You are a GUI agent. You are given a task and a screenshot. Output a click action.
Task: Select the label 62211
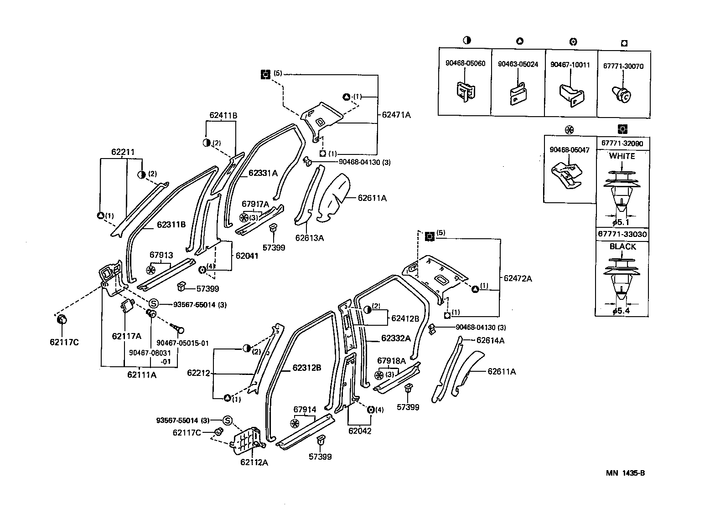coord(123,152)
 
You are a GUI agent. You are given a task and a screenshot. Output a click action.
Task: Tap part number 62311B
coord(171,225)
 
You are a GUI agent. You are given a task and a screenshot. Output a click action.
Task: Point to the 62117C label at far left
coord(64,342)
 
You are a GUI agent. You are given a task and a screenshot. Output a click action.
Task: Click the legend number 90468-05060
coord(465,64)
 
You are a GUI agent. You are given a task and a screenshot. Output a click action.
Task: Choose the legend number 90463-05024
coord(518,64)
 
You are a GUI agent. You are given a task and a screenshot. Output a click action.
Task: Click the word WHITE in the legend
coord(622,156)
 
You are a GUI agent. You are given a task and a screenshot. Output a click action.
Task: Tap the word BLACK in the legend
coord(622,246)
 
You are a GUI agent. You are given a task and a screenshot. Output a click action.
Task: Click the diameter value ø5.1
coord(621,222)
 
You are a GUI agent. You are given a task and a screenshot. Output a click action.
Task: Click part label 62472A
coord(518,278)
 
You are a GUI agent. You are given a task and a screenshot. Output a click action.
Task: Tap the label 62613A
coord(309,238)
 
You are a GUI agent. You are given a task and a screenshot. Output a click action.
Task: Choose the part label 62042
coord(360,430)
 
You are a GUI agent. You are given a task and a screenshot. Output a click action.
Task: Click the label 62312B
coord(307,368)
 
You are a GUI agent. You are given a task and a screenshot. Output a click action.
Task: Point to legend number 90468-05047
coord(570,149)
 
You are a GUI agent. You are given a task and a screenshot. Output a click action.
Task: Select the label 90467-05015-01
coord(182,343)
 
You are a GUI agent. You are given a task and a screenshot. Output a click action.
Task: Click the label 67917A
coord(255,204)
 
